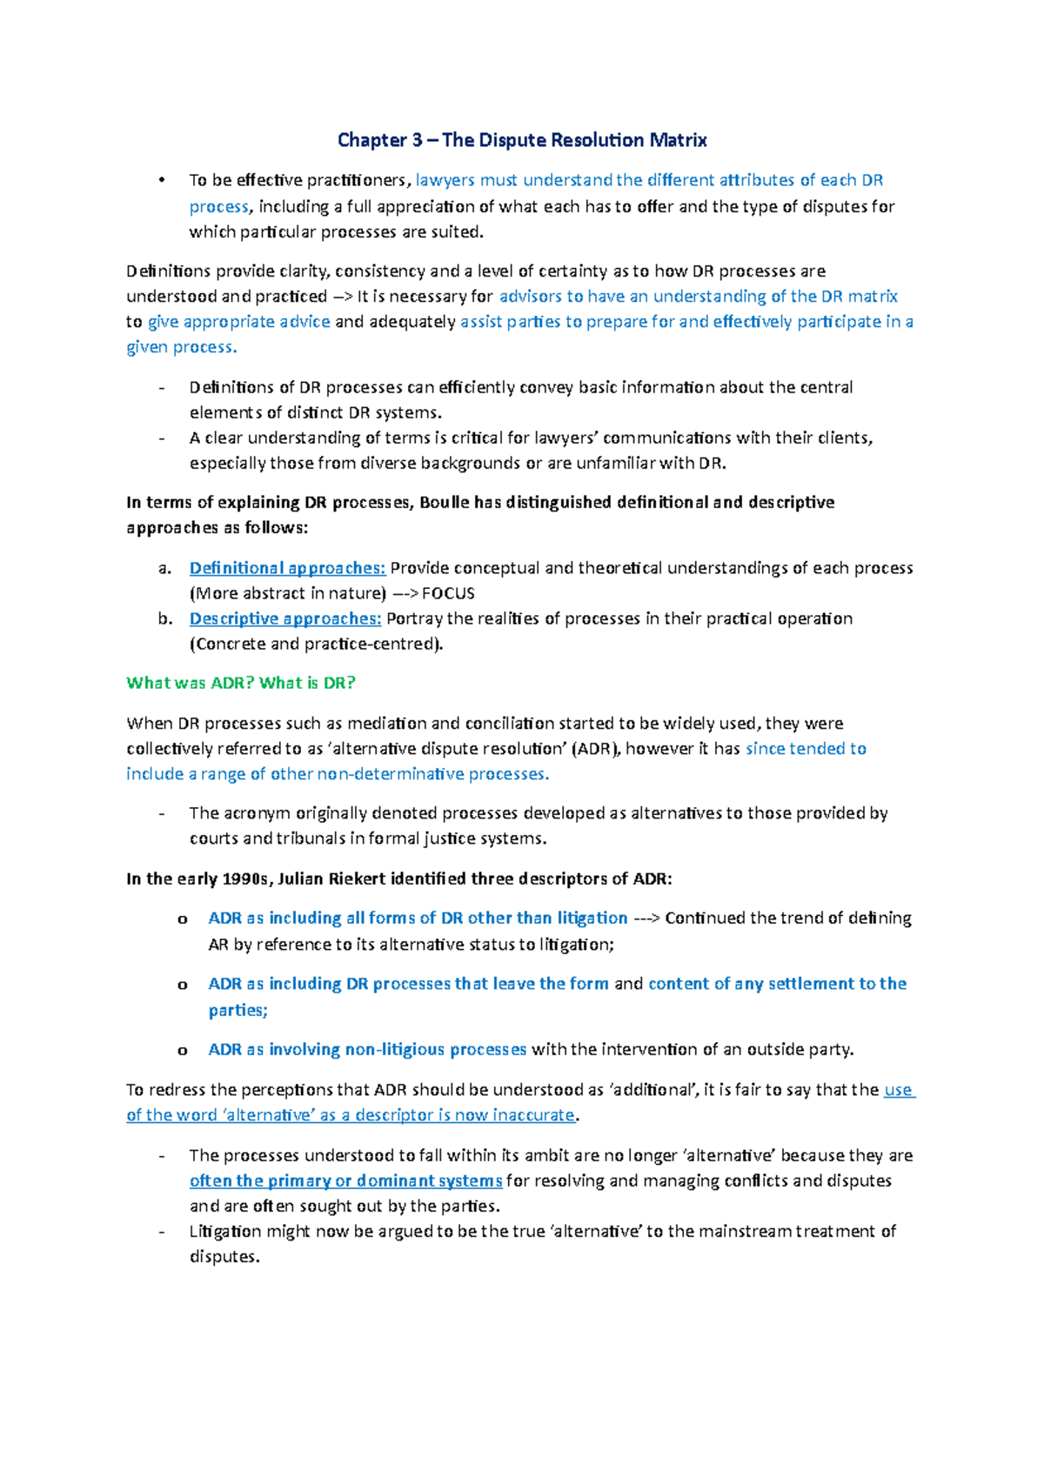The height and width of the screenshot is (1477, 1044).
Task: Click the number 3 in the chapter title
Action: (418, 140)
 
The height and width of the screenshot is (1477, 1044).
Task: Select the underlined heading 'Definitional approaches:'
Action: (287, 568)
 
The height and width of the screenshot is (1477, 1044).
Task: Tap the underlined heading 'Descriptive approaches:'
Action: (285, 618)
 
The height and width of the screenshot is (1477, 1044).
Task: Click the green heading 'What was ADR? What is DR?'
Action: (241, 683)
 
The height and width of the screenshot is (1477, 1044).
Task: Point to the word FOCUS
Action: (448, 593)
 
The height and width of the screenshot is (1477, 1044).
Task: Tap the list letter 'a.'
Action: (165, 569)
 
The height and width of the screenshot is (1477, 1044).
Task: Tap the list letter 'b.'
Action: (165, 619)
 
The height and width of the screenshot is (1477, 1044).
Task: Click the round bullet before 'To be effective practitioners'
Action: (162, 180)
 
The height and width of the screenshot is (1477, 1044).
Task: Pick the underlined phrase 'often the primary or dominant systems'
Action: (345, 1180)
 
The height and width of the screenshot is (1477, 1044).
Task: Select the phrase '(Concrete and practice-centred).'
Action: (316, 644)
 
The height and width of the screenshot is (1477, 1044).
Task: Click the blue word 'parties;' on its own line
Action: (238, 1010)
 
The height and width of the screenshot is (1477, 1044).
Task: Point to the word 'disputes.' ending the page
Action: (224, 1256)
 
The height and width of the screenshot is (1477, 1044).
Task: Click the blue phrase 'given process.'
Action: (181, 347)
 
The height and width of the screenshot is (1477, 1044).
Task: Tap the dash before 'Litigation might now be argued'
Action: (162, 1232)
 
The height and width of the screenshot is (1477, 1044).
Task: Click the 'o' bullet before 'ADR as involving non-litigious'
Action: (183, 1051)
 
